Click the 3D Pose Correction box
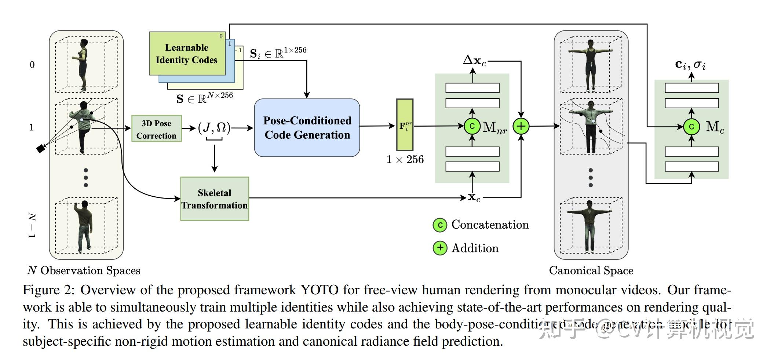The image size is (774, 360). tap(156, 128)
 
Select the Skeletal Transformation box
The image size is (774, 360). tap(215, 199)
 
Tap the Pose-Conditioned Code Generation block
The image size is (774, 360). tap(307, 128)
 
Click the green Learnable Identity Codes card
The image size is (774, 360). tap(187, 54)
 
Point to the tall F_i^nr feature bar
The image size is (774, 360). tap(405, 125)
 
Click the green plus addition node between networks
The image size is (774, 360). tap(521, 126)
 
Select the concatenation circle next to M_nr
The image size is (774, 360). tap(472, 126)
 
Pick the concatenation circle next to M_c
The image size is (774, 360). tap(691, 127)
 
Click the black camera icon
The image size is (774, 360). tap(40, 149)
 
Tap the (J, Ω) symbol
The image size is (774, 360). tap(214, 128)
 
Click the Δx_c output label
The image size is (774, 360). tap(474, 61)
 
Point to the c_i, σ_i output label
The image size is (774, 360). tap(690, 65)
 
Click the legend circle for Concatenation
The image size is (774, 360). tap(440, 225)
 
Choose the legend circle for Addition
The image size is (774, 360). tap(440, 248)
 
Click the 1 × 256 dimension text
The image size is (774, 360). tap(405, 160)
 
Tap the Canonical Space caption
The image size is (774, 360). tap(591, 271)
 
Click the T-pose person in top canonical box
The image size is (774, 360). tap(590, 64)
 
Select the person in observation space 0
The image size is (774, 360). tap(83, 64)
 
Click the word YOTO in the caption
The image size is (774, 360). tap(320, 290)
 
